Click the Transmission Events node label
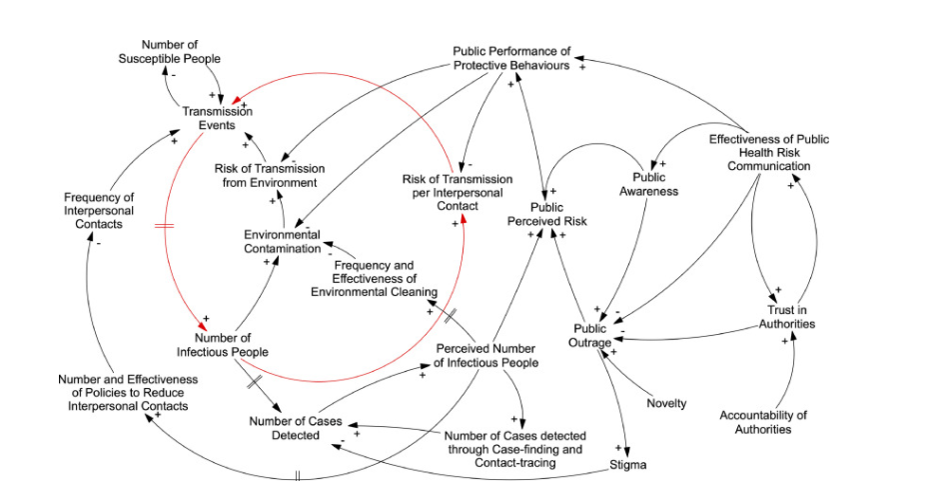[217, 118]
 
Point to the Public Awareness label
[649, 184]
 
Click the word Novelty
[666, 403]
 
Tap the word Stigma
[628, 465]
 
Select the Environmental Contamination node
[283, 241]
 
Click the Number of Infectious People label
[222, 344]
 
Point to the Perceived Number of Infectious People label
[487, 355]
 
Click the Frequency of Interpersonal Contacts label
[98, 211]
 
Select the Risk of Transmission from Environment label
[266, 176]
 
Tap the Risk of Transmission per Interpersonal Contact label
[458, 192]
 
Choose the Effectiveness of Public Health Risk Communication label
[769, 153]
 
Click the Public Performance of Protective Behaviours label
[511, 58]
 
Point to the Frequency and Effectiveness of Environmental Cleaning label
[374, 278]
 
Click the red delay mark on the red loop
[164, 227]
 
